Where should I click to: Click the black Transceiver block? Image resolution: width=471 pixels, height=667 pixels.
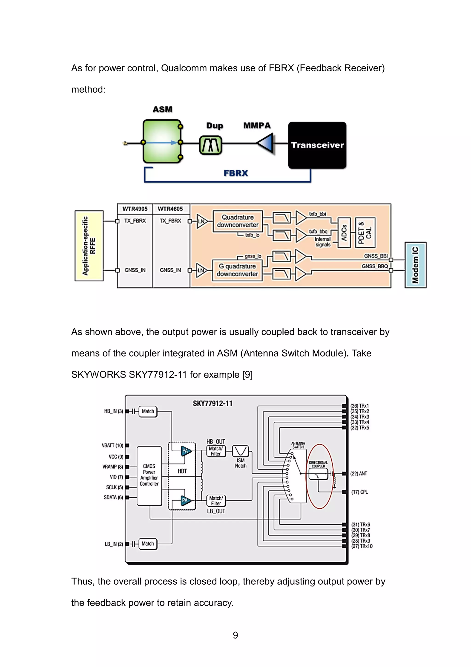click(x=317, y=145)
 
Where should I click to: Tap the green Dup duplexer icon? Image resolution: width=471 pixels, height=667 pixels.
click(x=210, y=145)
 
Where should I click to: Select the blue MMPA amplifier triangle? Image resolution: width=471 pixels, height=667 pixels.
click(x=266, y=143)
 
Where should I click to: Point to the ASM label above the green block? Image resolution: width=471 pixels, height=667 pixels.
click(x=163, y=110)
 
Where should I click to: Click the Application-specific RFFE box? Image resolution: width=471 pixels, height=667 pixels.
click(x=89, y=246)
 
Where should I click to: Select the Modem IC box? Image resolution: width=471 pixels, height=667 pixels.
click(x=415, y=265)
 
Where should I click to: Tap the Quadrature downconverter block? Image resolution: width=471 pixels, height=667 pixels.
click(x=237, y=221)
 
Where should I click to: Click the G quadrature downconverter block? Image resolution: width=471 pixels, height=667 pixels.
click(x=237, y=270)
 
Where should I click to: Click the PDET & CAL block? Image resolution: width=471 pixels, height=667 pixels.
click(x=365, y=233)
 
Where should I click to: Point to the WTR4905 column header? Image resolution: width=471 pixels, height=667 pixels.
click(x=135, y=209)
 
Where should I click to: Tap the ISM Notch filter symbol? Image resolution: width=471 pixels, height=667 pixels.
click(x=241, y=451)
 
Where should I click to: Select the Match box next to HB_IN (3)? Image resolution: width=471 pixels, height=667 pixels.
click(x=148, y=411)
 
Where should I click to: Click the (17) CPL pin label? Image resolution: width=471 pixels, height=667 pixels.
click(x=359, y=492)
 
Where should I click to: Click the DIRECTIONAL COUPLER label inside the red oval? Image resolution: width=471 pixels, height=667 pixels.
click(x=318, y=464)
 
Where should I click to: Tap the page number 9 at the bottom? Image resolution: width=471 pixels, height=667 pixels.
click(x=235, y=635)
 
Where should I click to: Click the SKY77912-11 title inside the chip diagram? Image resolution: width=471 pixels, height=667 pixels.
click(x=213, y=403)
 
